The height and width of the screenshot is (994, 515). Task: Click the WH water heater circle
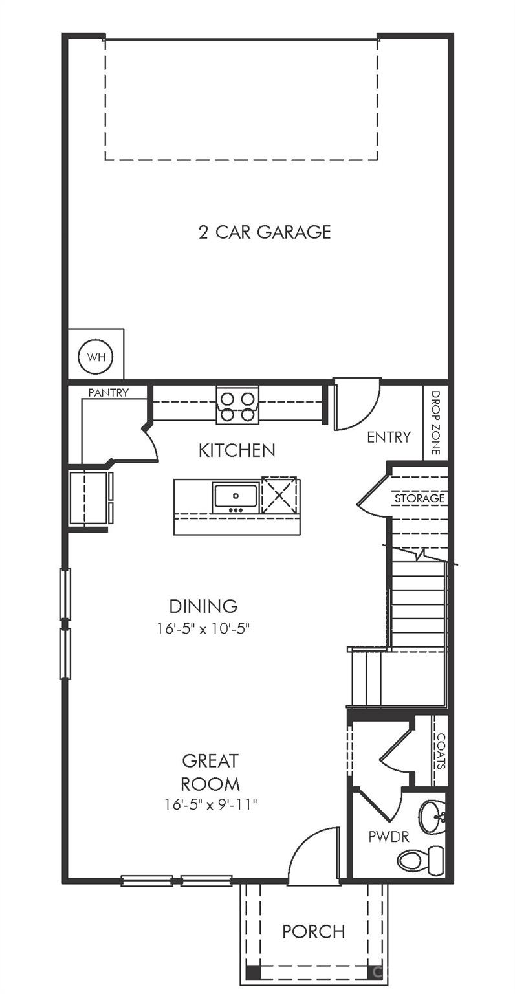pos(96,357)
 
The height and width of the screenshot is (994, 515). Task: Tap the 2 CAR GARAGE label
pos(265,232)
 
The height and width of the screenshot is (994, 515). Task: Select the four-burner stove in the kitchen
pos(237,406)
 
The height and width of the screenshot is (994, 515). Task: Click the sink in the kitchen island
pos(236,497)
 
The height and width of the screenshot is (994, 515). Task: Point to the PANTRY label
pos(108,392)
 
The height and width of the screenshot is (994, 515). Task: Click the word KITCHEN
pos(237,450)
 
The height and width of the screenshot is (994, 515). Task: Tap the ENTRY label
pos(388,437)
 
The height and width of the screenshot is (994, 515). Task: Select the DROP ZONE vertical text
pos(435,423)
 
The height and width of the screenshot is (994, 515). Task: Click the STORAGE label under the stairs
pos(419,498)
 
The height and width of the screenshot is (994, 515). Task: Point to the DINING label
pos(203,606)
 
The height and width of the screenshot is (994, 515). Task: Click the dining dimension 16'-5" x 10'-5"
pos(203,628)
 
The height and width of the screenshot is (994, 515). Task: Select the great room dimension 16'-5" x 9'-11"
pos(211,804)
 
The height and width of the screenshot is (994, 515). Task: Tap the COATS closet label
pos(441,751)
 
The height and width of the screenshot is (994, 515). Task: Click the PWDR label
pos(388,837)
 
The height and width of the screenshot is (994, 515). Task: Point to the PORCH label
pos(313,932)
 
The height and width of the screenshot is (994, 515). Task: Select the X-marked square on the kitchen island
pos(279,496)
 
